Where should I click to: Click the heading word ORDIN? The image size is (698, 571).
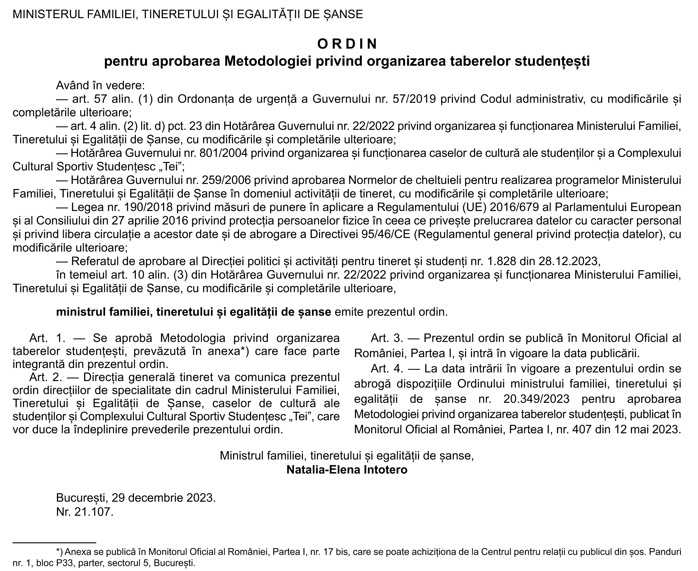point(347,44)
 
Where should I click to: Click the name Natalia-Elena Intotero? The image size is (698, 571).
point(347,470)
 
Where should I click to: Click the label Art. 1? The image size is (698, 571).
point(48,338)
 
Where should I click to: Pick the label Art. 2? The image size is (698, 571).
point(48,377)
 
